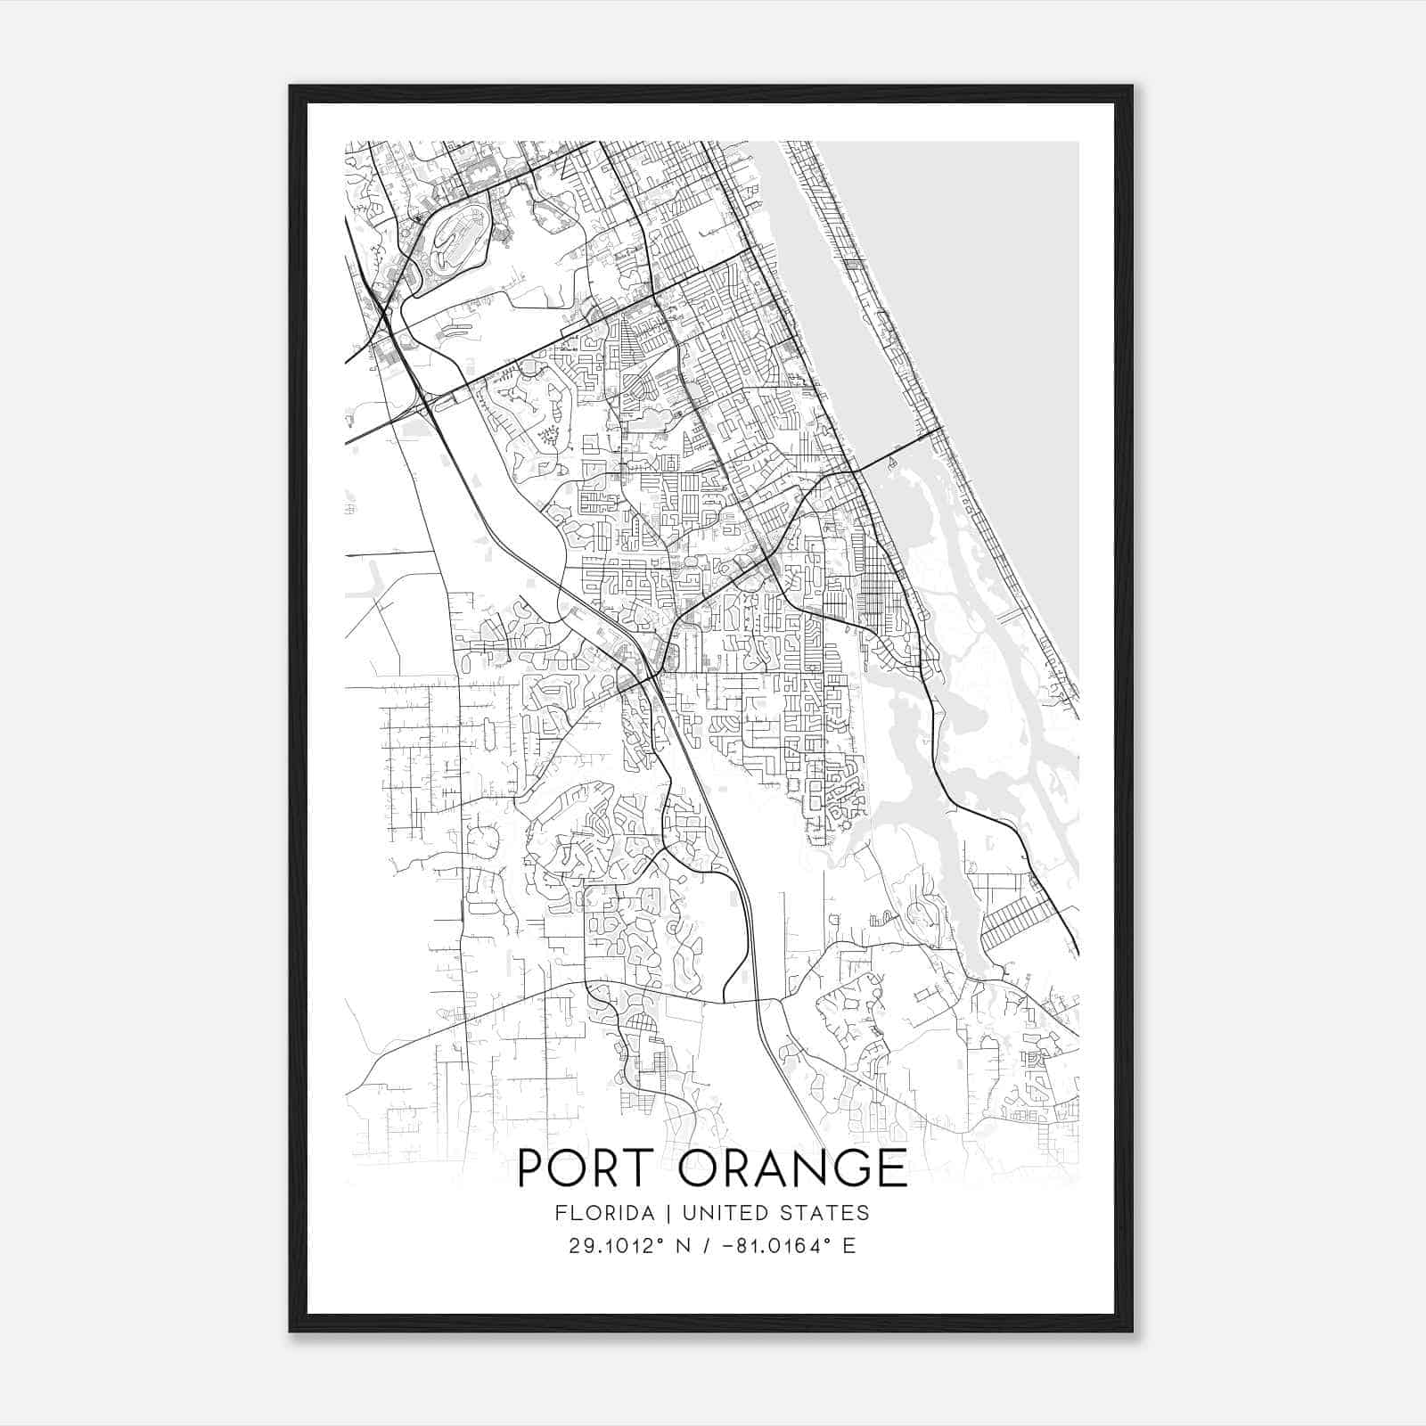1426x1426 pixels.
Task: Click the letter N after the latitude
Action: [684, 1245]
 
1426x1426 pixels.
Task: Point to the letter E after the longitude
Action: [849, 1245]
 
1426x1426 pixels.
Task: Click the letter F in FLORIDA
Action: [559, 1213]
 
